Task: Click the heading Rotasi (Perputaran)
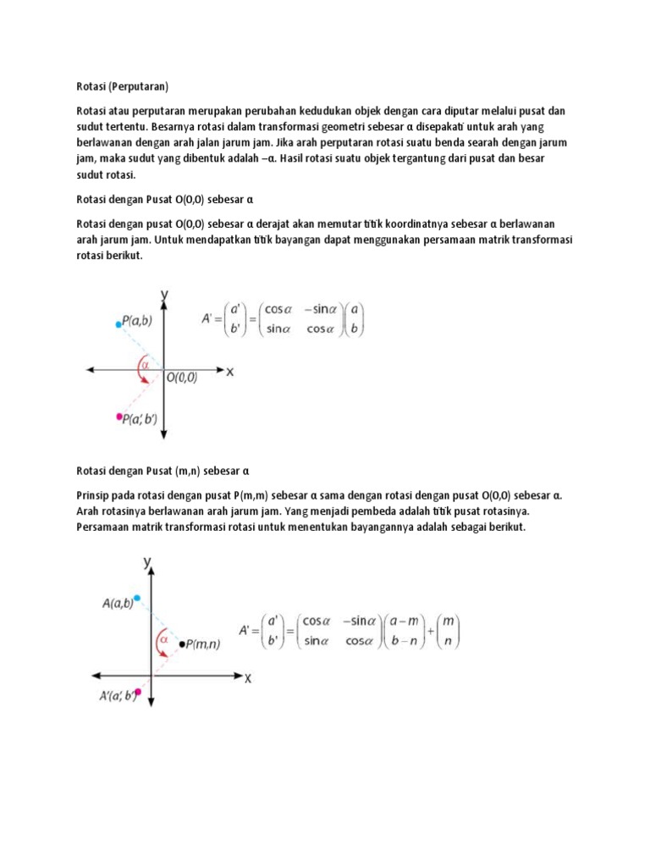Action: [123, 86]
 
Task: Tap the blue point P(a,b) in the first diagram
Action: [118, 323]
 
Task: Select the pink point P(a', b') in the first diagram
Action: [118, 417]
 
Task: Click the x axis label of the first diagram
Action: [229, 372]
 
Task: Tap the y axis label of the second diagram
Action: [147, 561]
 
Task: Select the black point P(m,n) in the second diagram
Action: [182, 644]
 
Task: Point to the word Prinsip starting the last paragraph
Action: [95, 495]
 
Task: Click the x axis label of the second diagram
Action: [248, 678]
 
